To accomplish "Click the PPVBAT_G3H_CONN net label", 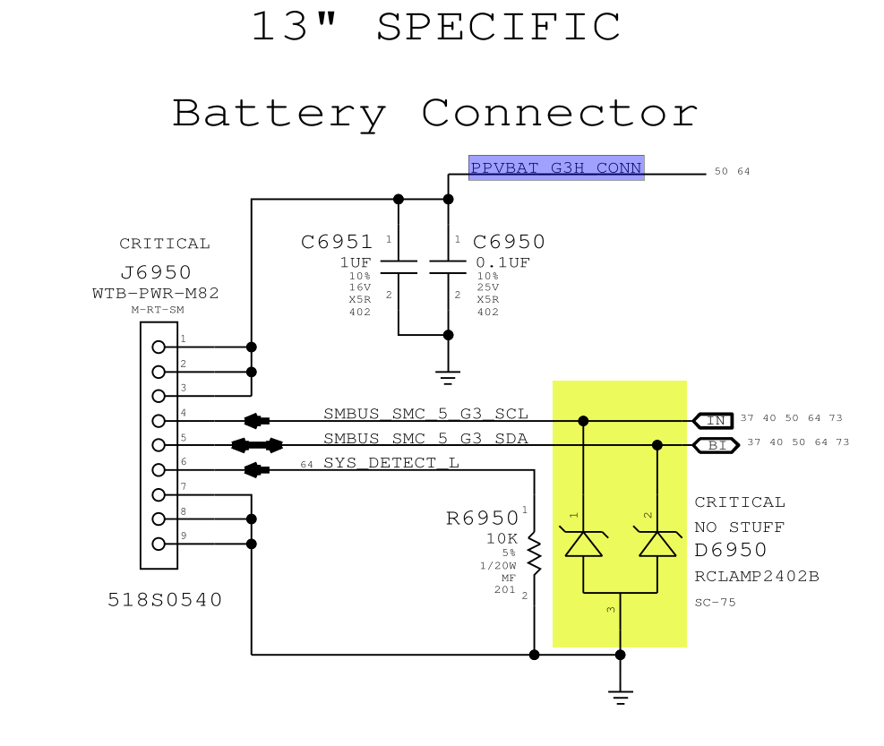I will coord(556,167).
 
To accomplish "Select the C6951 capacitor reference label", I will coord(337,242).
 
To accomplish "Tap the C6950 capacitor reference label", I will coord(509,242).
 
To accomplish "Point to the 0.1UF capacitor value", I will coord(502,262).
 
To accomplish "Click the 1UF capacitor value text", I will coord(356,262).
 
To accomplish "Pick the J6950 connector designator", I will coord(155,272).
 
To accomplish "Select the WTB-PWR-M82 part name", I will coord(155,293).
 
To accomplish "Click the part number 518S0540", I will coord(165,600).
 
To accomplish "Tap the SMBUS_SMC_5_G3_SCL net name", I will coord(425,414).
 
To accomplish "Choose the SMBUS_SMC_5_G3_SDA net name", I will coord(425,438).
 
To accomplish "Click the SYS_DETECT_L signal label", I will coord(391,463).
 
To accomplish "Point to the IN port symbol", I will coord(714,420).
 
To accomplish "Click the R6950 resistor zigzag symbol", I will coord(534,554).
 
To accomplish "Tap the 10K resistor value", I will coord(502,539).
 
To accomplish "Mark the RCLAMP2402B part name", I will coord(757,577).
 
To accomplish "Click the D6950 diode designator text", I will coord(731,550).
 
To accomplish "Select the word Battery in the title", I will coord(279,114).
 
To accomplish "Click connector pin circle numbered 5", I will coord(159,445).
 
